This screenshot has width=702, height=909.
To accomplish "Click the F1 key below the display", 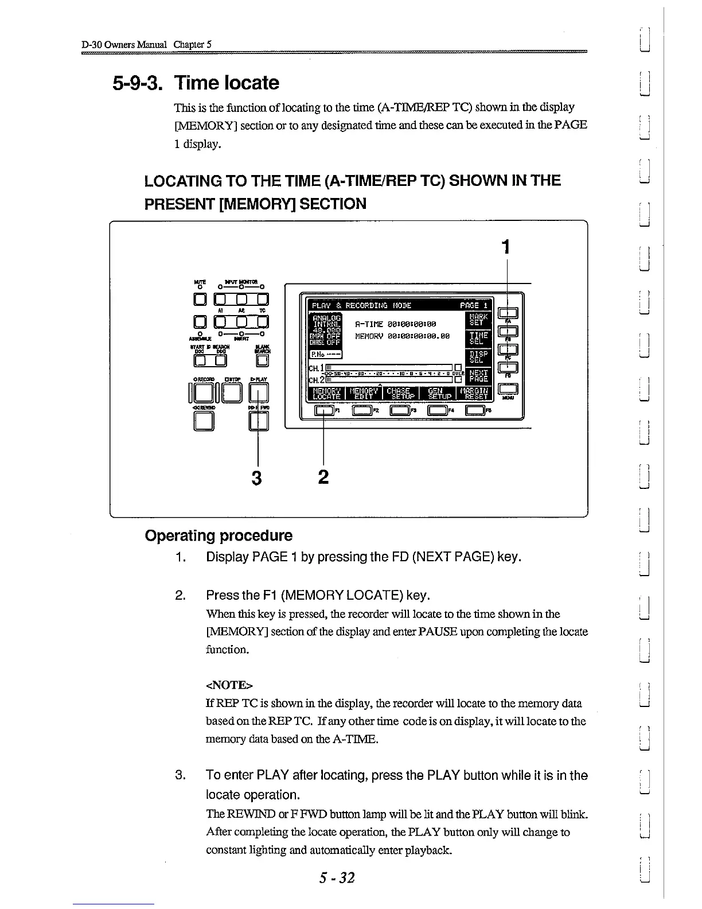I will coord(323,410).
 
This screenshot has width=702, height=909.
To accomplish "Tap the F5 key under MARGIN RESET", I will coord(475,410).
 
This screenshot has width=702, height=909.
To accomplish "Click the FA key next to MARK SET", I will coord(508,313).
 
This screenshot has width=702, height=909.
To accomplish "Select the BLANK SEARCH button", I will coord(262,360).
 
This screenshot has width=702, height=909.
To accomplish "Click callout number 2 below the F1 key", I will coord(323,476).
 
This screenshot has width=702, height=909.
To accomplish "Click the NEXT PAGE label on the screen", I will coord(479,376).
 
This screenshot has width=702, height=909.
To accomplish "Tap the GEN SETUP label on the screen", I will coord(440,393).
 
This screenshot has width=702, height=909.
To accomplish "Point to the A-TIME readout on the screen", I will coord(396,324).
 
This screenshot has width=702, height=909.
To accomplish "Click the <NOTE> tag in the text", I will coord(229,685).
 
